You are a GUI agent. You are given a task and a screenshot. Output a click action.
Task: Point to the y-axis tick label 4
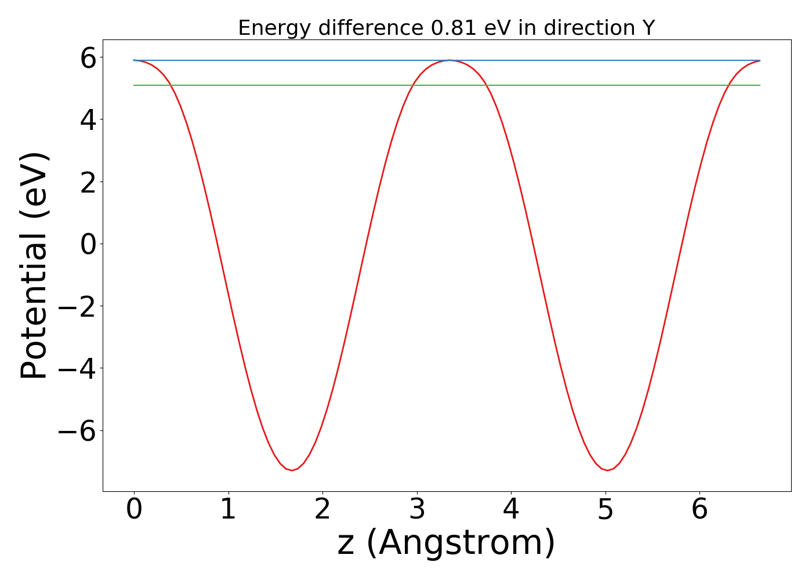click(x=88, y=119)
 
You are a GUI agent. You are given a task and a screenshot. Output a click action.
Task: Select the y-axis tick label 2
click(x=88, y=182)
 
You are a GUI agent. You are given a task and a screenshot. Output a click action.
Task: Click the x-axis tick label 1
click(x=229, y=510)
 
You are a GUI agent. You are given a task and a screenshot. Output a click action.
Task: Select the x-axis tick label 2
click(x=322, y=510)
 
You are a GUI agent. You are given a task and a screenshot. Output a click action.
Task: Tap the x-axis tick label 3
click(x=417, y=510)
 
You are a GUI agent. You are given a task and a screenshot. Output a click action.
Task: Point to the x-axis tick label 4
click(x=511, y=510)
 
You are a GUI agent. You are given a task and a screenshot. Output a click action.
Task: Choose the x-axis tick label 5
click(x=606, y=510)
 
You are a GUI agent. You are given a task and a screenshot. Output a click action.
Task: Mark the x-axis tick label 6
click(x=699, y=510)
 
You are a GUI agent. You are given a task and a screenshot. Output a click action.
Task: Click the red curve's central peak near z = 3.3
click(x=449, y=60)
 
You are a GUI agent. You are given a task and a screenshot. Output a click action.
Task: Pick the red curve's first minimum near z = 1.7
click(x=292, y=470)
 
